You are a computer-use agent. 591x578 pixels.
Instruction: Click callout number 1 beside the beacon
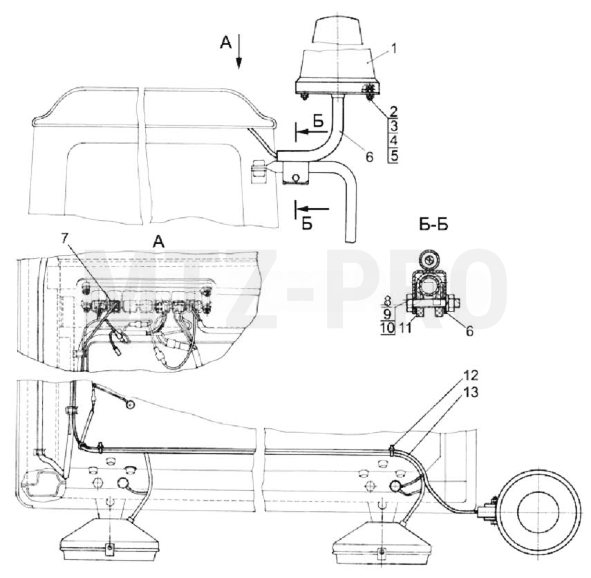[393, 48]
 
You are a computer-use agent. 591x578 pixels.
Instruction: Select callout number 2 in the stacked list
[393, 111]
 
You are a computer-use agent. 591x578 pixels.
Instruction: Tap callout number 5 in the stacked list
[394, 156]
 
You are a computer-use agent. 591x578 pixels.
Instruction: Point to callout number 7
[66, 239]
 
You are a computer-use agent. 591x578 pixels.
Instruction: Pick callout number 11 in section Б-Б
[405, 328]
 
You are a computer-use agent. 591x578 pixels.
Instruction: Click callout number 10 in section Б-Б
[387, 328]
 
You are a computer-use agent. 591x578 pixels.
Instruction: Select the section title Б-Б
[433, 225]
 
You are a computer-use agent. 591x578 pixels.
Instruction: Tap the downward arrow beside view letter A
[238, 51]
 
